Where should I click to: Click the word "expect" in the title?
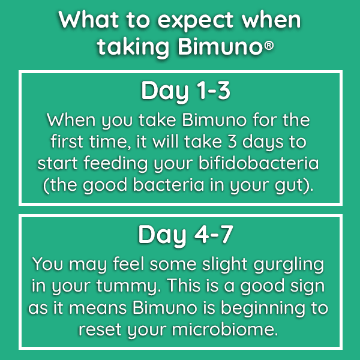click(x=196, y=20)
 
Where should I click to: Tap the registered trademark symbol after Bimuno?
click(x=269, y=46)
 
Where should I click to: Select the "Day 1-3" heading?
click(x=185, y=91)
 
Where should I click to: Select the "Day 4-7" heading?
click(x=185, y=235)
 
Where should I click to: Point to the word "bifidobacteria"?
click(x=259, y=163)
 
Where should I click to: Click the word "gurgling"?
click(x=289, y=265)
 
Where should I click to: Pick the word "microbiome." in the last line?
click(x=225, y=329)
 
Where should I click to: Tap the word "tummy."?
click(x=128, y=286)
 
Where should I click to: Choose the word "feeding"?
click(x=115, y=163)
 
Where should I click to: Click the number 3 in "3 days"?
click(x=232, y=142)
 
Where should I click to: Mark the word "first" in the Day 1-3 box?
click(x=67, y=141)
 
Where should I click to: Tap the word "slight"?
click(x=225, y=265)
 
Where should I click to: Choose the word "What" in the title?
click(x=89, y=20)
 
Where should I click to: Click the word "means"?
click(x=98, y=308)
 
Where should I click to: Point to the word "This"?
click(x=184, y=285)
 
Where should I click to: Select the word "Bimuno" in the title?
click(x=220, y=47)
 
